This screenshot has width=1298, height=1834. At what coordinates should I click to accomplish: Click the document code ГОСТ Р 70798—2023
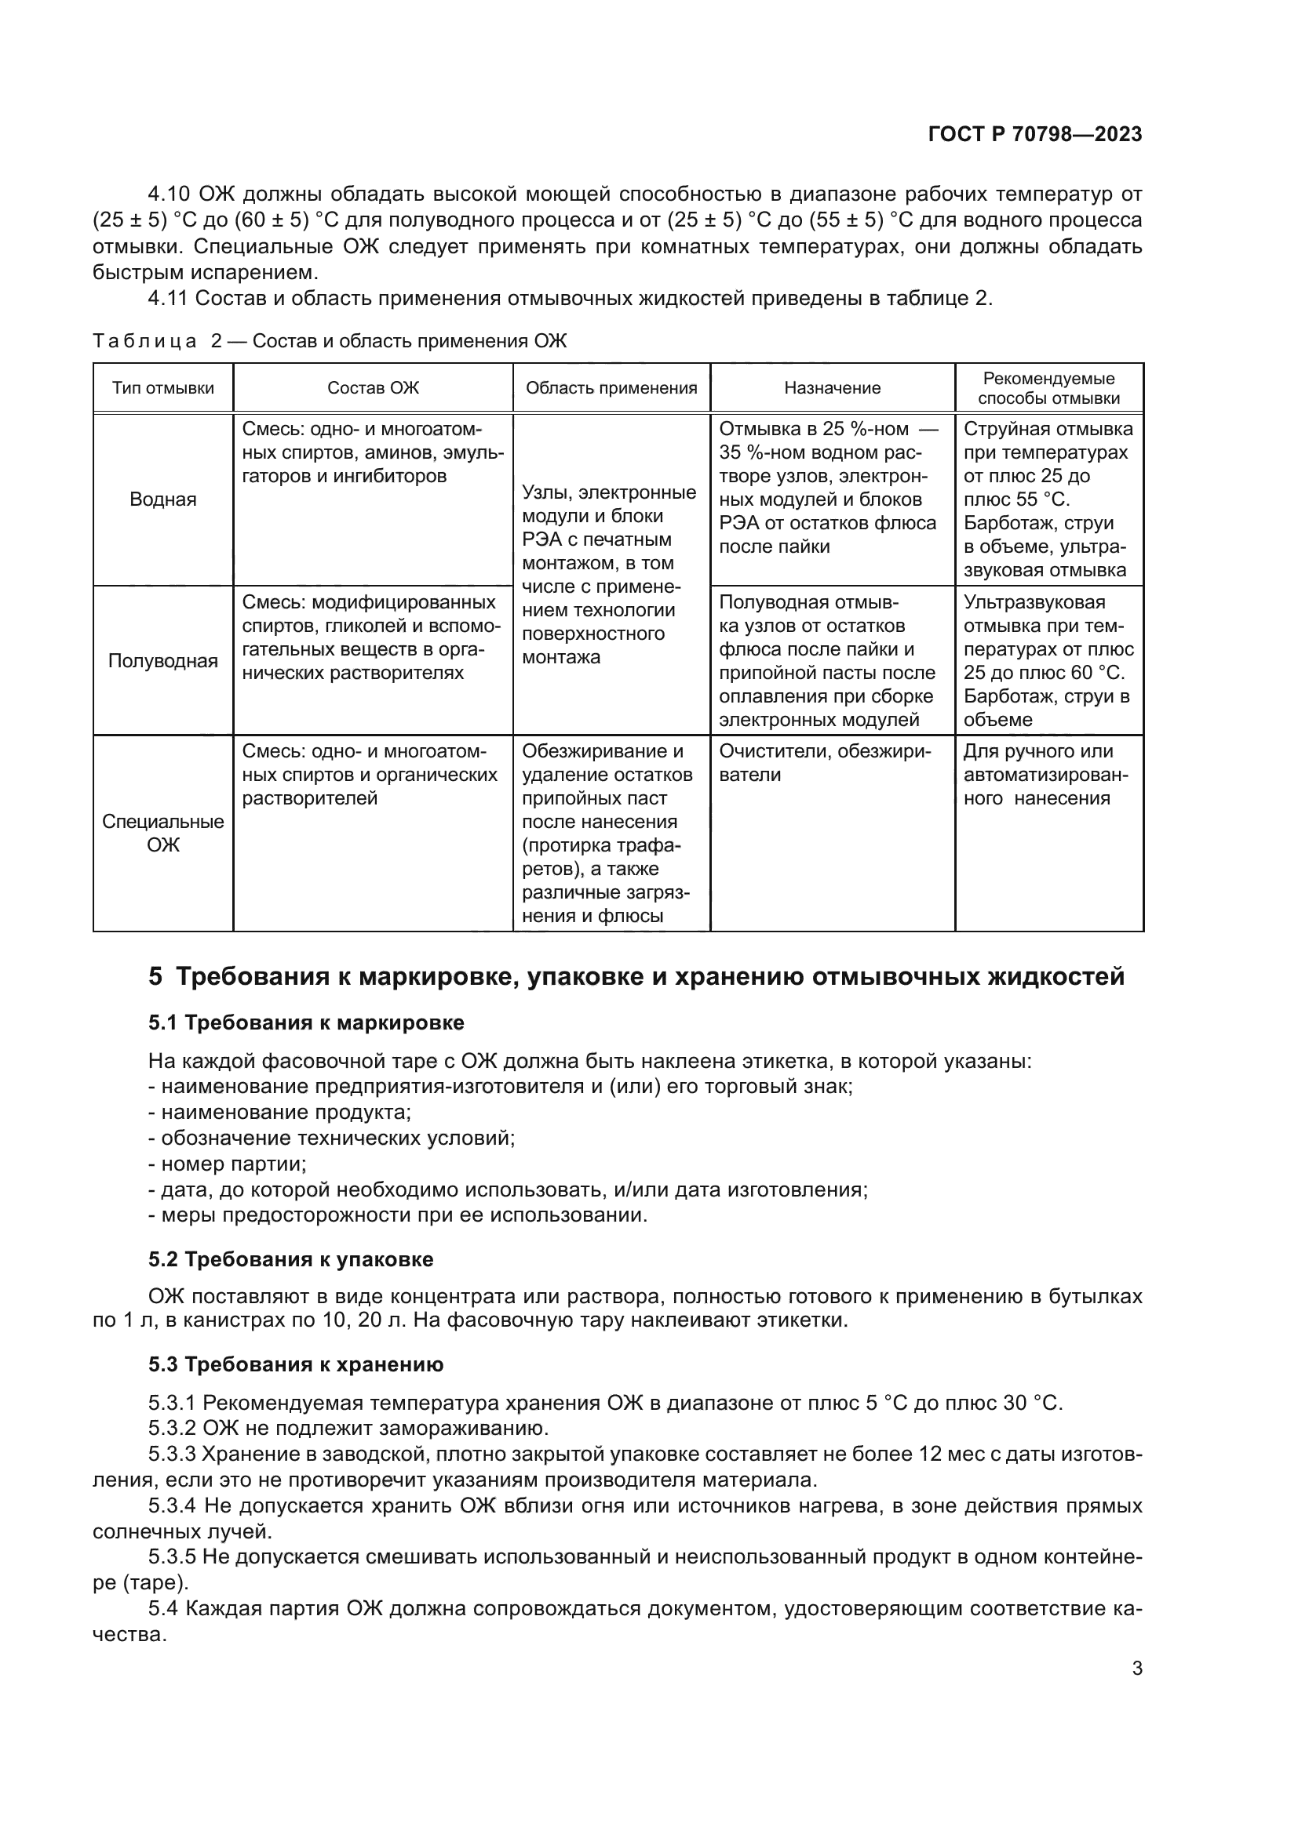[x=1034, y=134]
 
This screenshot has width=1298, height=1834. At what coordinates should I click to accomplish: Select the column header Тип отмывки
[x=163, y=388]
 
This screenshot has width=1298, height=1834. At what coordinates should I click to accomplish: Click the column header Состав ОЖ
[x=373, y=388]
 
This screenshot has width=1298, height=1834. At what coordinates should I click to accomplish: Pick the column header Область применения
[x=611, y=388]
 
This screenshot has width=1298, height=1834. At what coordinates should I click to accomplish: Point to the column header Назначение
[x=831, y=388]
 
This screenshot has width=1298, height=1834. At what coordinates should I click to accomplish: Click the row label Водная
[x=163, y=499]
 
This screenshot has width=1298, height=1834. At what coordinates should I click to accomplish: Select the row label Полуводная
[x=163, y=660]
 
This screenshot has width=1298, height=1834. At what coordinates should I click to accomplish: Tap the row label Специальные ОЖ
[x=163, y=833]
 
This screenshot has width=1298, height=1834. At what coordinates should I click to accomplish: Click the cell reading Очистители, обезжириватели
[x=824, y=763]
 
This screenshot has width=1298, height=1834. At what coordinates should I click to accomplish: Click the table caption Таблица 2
[x=329, y=341]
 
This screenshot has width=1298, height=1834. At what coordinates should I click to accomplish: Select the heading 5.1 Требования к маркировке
[x=306, y=1022]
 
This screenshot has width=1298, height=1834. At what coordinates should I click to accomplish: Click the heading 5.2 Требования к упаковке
[x=291, y=1260]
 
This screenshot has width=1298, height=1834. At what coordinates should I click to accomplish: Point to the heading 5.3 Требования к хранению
[x=296, y=1364]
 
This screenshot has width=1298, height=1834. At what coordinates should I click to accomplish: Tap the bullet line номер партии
[x=228, y=1164]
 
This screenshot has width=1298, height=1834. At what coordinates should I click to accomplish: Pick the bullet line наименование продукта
[x=279, y=1112]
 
